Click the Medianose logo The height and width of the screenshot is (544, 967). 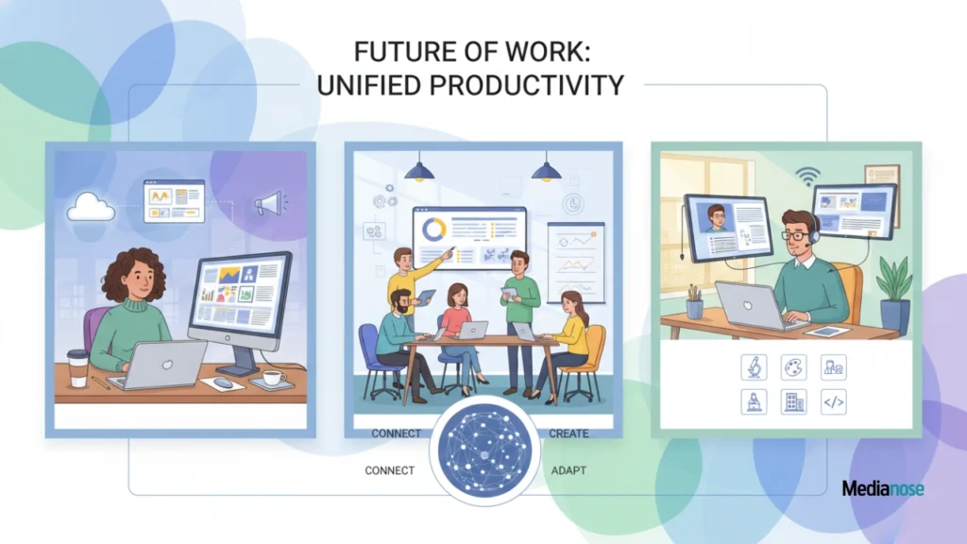click(x=883, y=488)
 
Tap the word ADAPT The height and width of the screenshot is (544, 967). click(x=568, y=470)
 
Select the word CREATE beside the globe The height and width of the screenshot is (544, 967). click(x=568, y=433)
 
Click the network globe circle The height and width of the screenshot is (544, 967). click(x=484, y=450)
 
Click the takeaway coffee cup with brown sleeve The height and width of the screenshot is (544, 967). click(x=77, y=367)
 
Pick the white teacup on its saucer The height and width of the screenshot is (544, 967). click(x=273, y=378)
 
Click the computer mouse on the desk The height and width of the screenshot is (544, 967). click(x=223, y=382)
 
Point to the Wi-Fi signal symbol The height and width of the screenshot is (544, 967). click(x=805, y=175)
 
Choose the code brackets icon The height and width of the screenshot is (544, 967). click(x=833, y=402)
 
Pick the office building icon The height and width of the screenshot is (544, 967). click(x=793, y=402)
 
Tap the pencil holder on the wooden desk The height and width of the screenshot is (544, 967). click(x=695, y=305)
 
